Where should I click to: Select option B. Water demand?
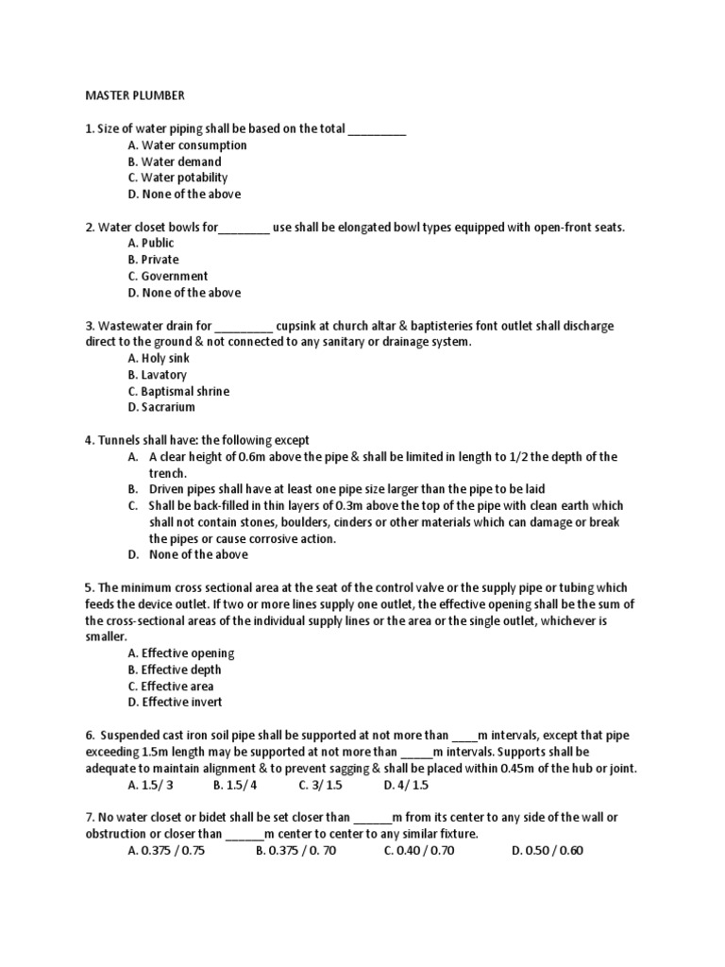tap(175, 161)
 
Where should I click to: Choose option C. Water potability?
tap(177, 178)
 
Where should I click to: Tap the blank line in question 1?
tap(378, 129)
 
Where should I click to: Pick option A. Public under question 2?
tap(151, 243)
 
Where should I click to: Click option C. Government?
tap(168, 276)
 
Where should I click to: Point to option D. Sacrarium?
tap(161, 407)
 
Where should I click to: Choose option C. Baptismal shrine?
tap(178, 391)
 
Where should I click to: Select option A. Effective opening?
tap(181, 653)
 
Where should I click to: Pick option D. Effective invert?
tap(176, 703)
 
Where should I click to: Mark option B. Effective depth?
tap(175, 670)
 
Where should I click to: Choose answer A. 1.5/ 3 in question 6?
tap(151, 784)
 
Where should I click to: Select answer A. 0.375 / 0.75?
tap(166, 850)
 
